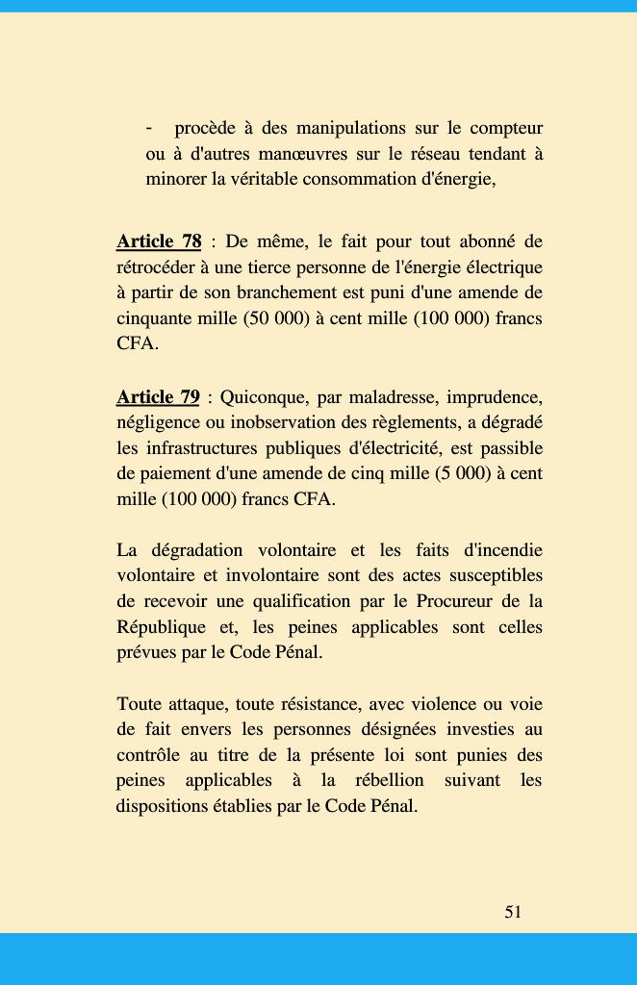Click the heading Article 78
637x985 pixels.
[x=159, y=241]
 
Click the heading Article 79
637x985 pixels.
[x=158, y=397]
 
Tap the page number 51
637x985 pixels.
[x=513, y=912]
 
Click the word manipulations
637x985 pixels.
[x=350, y=129]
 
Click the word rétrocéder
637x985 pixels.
[x=158, y=267]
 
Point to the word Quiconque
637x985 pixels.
[x=262, y=397]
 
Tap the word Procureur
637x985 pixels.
[x=455, y=602]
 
